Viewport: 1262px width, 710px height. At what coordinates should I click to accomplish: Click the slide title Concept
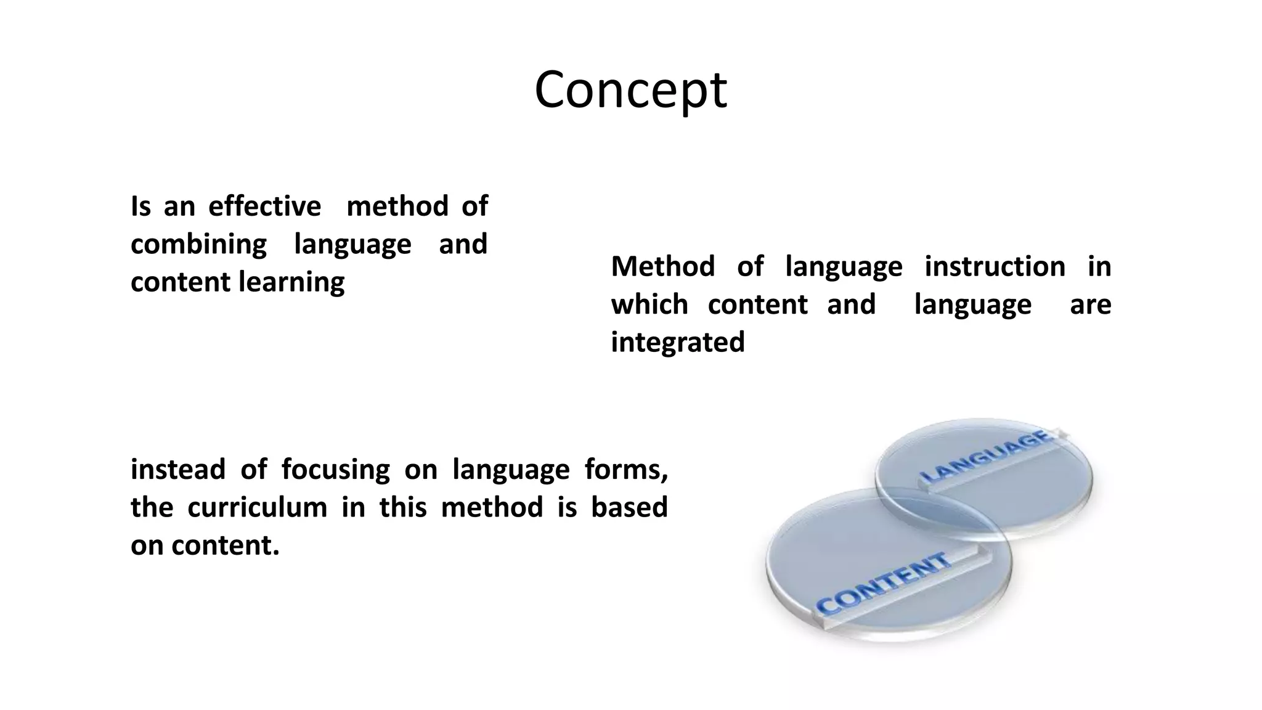pos(630,90)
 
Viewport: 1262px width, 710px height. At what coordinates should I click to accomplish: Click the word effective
pos(264,206)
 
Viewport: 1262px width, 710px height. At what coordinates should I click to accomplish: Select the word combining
pos(198,245)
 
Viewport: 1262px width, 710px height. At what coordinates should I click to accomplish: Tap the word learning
pos(291,283)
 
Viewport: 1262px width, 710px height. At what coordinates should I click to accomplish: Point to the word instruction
pos(995,267)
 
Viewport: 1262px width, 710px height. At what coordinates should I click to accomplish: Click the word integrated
pos(678,342)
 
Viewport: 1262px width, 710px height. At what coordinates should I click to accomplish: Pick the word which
pos(649,304)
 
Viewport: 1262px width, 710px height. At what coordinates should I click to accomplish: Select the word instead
pos(177,470)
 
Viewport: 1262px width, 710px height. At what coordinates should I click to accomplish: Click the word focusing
pos(335,470)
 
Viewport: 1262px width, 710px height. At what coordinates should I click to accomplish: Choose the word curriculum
pos(257,508)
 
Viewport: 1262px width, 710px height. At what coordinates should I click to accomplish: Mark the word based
pos(629,507)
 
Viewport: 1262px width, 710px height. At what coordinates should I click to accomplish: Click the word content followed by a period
pos(225,545)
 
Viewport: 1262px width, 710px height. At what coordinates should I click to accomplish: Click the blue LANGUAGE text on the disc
pos(987,457)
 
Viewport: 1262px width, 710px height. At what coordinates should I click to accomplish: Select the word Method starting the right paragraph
pos(662,267)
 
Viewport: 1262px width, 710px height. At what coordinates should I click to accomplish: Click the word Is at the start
pos(140,206)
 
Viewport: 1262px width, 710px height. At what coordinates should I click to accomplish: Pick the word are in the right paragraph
pos(1090,304)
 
